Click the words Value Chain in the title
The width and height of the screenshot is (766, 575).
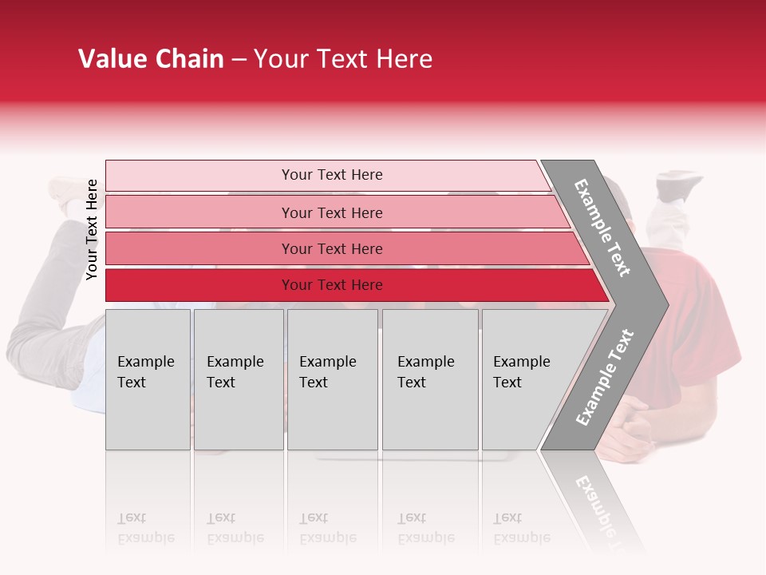pos(151,59)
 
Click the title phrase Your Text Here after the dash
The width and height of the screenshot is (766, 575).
pos(343,59)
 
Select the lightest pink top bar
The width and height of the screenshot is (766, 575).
pos(331,175)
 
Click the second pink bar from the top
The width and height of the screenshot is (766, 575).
pos(331,212)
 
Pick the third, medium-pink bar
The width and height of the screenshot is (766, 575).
pos(331,248)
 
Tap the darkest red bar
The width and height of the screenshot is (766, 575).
pos(331,285)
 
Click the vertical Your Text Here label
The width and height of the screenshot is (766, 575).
pos(93,230)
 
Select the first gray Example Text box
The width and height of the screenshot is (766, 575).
pos(148,379)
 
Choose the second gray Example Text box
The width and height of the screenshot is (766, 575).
pos(238,379)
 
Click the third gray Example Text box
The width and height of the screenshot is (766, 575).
pos(332,379)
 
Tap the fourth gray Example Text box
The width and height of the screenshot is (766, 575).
pos(429,379)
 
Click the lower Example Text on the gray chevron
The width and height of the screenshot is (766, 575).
pos(605,378)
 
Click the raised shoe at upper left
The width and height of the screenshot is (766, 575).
pos(69,190)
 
